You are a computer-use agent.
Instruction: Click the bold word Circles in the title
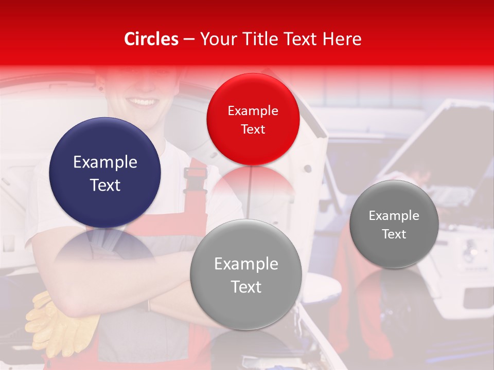click(x=151, y=39)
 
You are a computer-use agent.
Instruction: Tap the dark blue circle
click(x=105, y=173)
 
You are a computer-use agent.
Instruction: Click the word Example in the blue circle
click(x=105, y=162)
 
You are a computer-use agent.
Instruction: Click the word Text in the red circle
click(x=253, y=129)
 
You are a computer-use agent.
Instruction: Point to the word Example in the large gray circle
click(x=246, y=264)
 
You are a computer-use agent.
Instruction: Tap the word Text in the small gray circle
click(x=394, y=234)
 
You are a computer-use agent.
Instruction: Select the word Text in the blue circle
click(x=105, y=185)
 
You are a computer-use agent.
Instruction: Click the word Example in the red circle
click(x=253, y=111)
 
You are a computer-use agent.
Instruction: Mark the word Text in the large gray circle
click(x=246, y=287)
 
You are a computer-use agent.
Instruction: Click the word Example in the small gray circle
click(x=394, y=216)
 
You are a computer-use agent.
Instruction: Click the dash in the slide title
click(x=189, y=39)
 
